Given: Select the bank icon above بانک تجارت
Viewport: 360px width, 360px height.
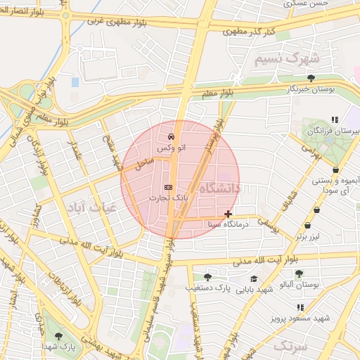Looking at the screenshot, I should [x=167, y=187].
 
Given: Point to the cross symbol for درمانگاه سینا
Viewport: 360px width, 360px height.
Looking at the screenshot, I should [x=227, y=214].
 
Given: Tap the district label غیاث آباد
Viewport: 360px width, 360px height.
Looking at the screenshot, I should [x=87, y=207].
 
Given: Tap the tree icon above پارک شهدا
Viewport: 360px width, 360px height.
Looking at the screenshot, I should [x=58, y=336].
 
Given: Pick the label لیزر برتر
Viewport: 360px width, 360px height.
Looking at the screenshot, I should [x=308, y=237].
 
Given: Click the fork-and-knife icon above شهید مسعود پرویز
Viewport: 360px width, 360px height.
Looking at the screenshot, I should [x=301, y=307].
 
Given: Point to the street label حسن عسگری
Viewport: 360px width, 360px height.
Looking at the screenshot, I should [x=307, y=4].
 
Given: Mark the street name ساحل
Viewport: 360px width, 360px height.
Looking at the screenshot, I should [x=144, y=165].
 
